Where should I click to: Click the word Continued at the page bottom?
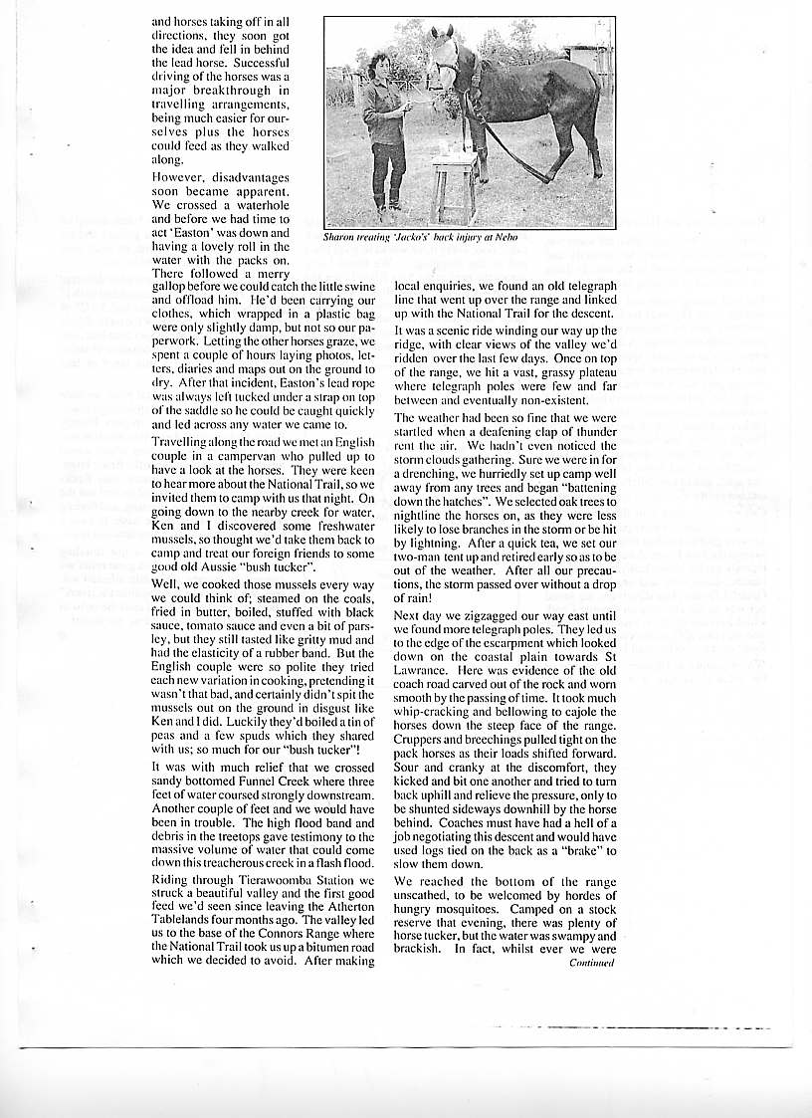click(592, 963)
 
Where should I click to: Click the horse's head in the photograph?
click(442, 55)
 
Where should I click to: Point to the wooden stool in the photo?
click(454, 184)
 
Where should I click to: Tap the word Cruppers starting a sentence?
click(421, 740)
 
